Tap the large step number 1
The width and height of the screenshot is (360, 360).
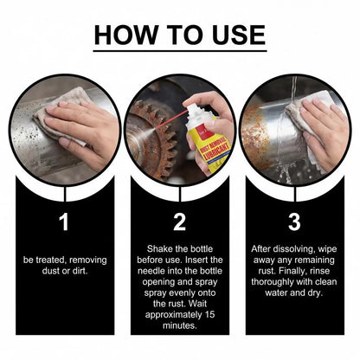(63, 222)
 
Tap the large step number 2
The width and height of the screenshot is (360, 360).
(179, 222)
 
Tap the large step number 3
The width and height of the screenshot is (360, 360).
(294, 222)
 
